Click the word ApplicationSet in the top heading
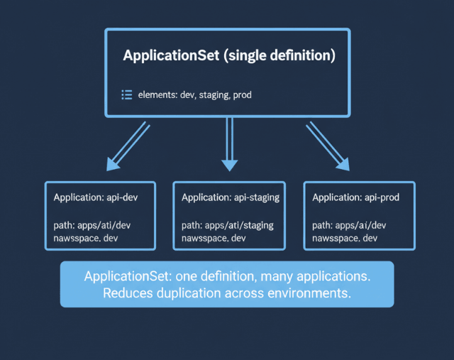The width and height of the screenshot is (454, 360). (x=170, y=55)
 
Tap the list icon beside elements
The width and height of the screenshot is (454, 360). (x=127, y=94)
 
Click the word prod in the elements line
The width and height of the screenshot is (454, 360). (x=240, y=94)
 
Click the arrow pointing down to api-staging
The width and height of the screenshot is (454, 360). (x=228, y=145)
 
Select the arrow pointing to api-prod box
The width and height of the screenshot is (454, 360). (x=328, y=147)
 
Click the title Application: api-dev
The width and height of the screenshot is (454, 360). (x=95, y=197)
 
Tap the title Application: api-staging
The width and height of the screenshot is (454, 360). (x=231, y=197)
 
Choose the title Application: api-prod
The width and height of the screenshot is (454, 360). (x=356, y=197)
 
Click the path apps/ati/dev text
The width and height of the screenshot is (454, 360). (x=92, y=225)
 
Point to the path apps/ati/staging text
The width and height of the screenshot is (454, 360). (x=228, y=225)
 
